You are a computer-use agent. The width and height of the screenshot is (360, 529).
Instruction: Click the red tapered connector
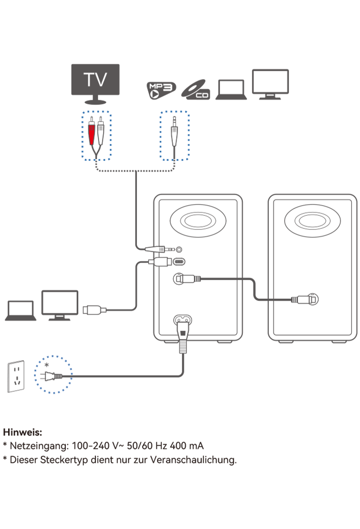tap(91, 135)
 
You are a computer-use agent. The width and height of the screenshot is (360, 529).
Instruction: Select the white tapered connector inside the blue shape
tap(174, 136)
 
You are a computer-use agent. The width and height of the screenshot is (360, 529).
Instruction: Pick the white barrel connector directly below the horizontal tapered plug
tap(160, 262)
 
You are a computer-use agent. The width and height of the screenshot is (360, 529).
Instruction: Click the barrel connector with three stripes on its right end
tap(188, 279)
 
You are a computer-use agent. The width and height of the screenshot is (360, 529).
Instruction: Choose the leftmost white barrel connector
tap(94, 310)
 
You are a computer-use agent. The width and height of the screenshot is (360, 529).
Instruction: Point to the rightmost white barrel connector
tap(304, 300)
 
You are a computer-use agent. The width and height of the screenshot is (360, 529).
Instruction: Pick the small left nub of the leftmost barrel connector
tap(85, 310)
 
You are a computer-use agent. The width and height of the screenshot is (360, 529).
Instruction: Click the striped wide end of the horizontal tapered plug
tap(162, 249)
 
